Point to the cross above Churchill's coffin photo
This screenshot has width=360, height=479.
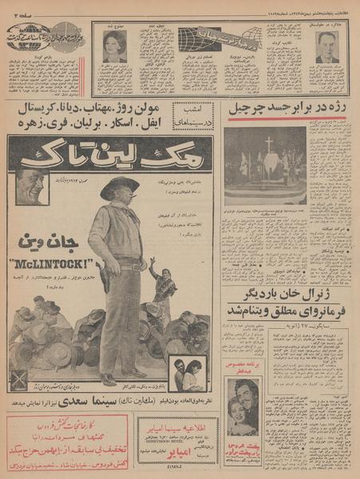click(270, 144)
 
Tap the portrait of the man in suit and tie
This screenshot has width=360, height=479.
click(325, 48)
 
